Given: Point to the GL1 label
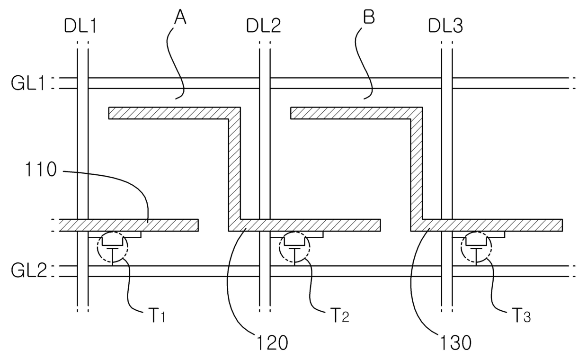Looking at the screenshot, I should [x=28, y=83].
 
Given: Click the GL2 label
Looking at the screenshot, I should [x=28, y=271].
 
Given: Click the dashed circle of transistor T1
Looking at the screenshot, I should [x=112, y=247].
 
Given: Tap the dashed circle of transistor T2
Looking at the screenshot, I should [x=294, y=247].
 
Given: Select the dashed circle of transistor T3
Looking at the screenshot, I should [x=477, y=247].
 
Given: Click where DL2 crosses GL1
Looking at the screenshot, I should [x=265, y=83].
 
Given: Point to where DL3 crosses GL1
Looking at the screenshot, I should [x=447, y=83].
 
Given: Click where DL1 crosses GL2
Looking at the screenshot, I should [x=82, y=271].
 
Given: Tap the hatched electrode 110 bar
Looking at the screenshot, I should [x=128, y=225].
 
